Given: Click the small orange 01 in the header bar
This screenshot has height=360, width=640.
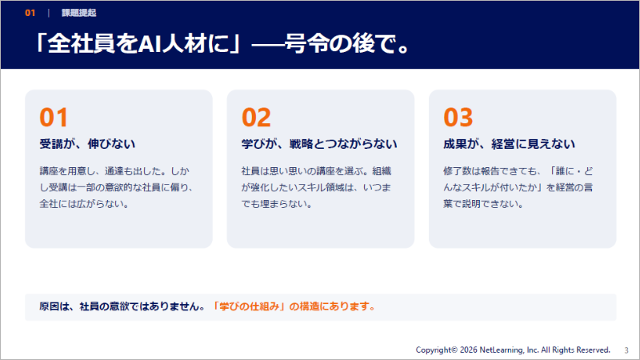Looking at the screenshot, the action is point(30,13).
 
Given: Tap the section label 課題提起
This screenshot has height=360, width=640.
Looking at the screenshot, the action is point(78,13).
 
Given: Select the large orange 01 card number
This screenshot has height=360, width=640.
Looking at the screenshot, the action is point(54,118).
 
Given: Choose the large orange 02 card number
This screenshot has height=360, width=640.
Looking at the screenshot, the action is point(256,118).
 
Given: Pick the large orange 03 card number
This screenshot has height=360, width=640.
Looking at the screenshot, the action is point(458,118).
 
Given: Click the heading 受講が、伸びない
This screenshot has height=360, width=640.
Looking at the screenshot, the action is point(87,144).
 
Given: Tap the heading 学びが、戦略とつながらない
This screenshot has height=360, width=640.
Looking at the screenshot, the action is point(319,144).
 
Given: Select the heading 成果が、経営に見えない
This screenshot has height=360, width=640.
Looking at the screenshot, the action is point(510,144).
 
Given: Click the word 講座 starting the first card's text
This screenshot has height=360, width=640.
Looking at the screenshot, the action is point(49,171).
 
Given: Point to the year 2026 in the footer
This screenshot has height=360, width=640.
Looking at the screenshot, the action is point(469,350).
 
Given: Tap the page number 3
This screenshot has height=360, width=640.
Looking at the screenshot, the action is point(626,350).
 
